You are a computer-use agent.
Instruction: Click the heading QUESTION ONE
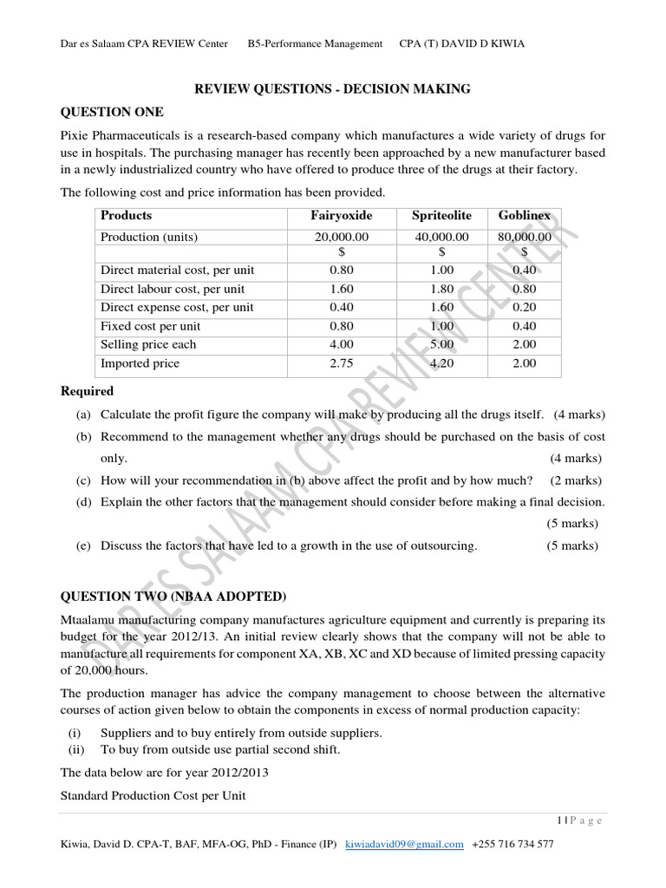[110, 112]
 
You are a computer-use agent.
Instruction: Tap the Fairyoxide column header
[341, 216]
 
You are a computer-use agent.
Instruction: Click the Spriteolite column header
[441, 216]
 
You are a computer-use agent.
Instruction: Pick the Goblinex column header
[524, 216]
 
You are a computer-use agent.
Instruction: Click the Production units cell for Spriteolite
[441, 237]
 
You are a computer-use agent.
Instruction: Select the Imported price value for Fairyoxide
[341, 363]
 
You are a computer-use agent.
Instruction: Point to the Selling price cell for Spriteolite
[441, 344]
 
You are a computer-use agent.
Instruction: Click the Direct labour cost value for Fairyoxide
[341, 289]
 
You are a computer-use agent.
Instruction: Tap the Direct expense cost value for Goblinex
[524, 308]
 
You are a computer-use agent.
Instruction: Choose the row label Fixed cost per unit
[150, 326]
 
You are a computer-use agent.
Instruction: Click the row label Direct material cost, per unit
[177, 270]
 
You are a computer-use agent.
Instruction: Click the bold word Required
[86, 391]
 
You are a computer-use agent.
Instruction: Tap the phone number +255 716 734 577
[513, 844]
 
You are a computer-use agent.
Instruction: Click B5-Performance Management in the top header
[315, 43]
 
